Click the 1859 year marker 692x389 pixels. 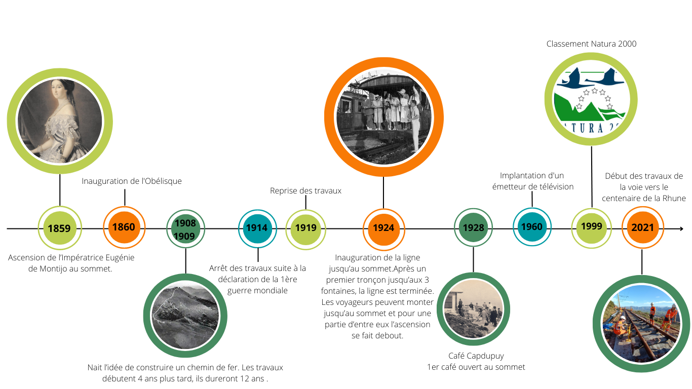(x=59, y=228)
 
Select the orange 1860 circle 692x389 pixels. (x=124, y=227)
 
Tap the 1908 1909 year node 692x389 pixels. (x=185, y=229)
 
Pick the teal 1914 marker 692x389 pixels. (x=257, y=228)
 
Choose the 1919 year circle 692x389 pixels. (x=305, y=228)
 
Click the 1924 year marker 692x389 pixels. (x=383, y=228)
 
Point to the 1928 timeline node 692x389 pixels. (x=473, y=228)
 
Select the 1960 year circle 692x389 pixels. (x=532, y=227)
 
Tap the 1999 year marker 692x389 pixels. (x=591, y=227)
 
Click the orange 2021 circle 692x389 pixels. (x=642, y=227)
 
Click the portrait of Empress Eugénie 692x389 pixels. (x=60, y=121)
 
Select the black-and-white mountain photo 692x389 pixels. (x=185, y=316)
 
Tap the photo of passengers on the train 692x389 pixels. (x=383, y=117)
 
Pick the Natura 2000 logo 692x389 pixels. (x=591, y=99)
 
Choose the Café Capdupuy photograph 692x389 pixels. (x=473, y=309)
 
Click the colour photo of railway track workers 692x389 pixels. (x=642, y=324)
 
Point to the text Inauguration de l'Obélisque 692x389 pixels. (x=132, y=181)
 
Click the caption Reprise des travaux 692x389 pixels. (x=305, y=191)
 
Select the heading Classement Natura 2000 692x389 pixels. (x=591, y=44)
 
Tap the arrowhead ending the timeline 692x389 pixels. (x=680, y=229)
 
